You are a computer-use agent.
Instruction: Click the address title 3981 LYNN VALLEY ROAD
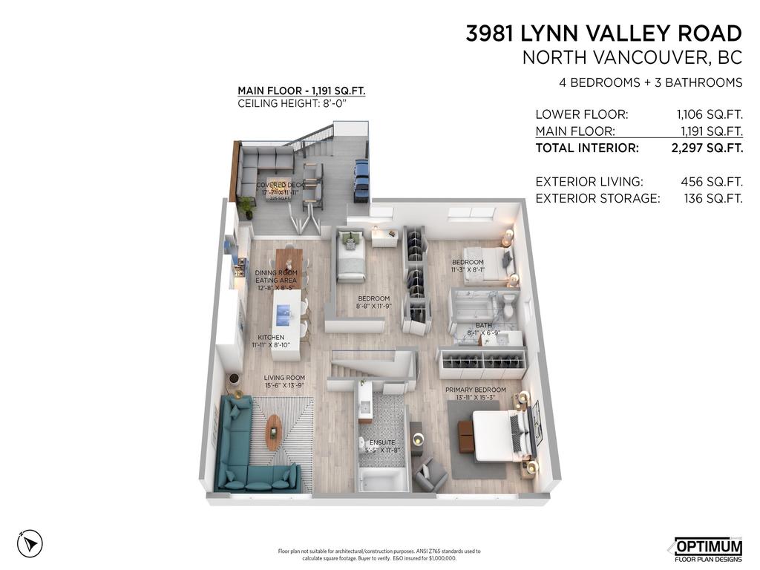(603, 33)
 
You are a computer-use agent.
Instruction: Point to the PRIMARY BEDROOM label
(475, 390)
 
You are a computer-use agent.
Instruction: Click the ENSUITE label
(382, 442)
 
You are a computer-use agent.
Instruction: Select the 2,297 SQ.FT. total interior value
(706, 148)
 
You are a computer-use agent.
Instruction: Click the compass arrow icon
(30, 543)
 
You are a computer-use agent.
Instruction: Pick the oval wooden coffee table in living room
(274, 431)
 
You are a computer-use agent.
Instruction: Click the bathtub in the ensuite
(383, 479)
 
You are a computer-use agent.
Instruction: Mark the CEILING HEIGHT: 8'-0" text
(292, 103)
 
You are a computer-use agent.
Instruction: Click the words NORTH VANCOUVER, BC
(632, 57)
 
